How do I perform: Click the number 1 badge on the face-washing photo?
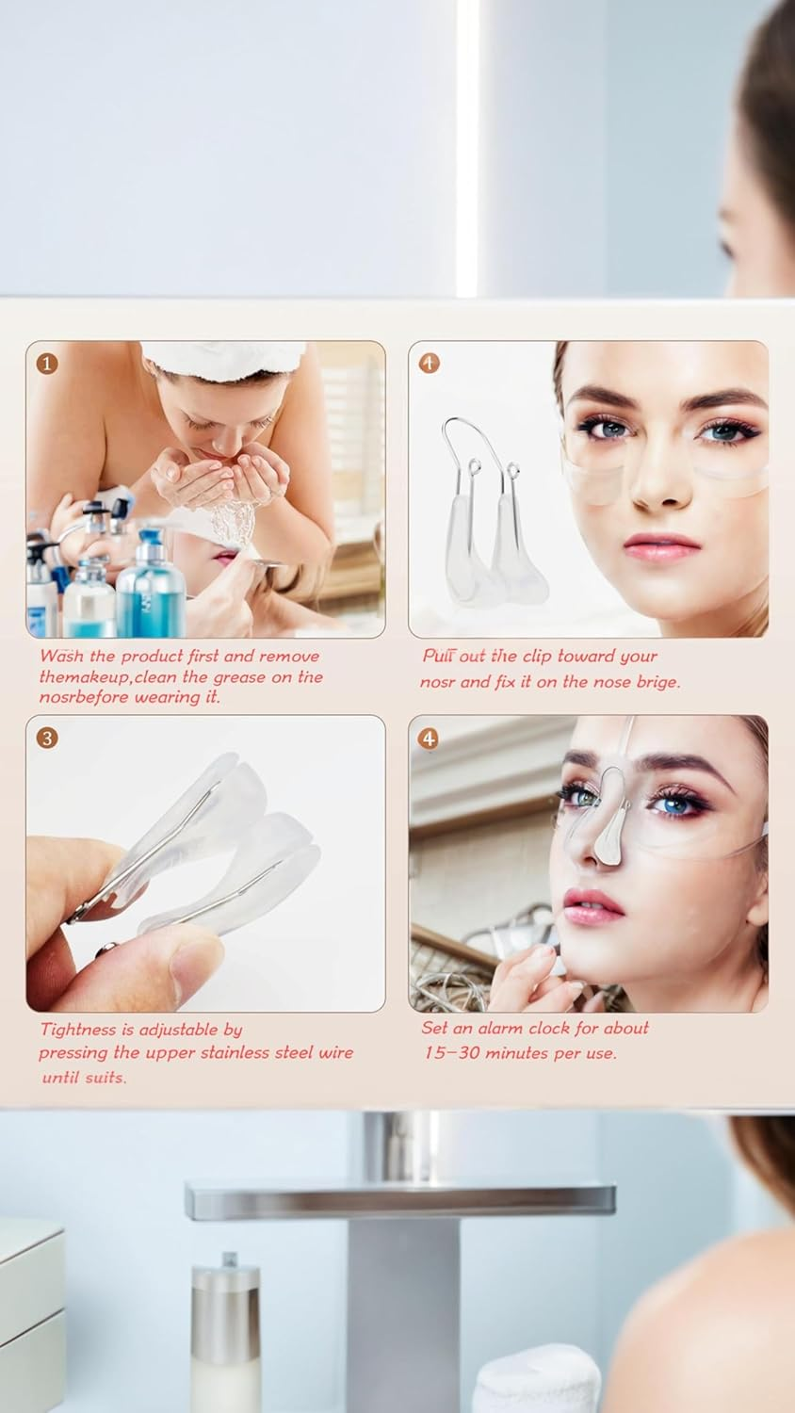(47, 363)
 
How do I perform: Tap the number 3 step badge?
(47, 737)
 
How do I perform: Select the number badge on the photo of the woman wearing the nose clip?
(430, 738)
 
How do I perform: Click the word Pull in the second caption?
(441, 657)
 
